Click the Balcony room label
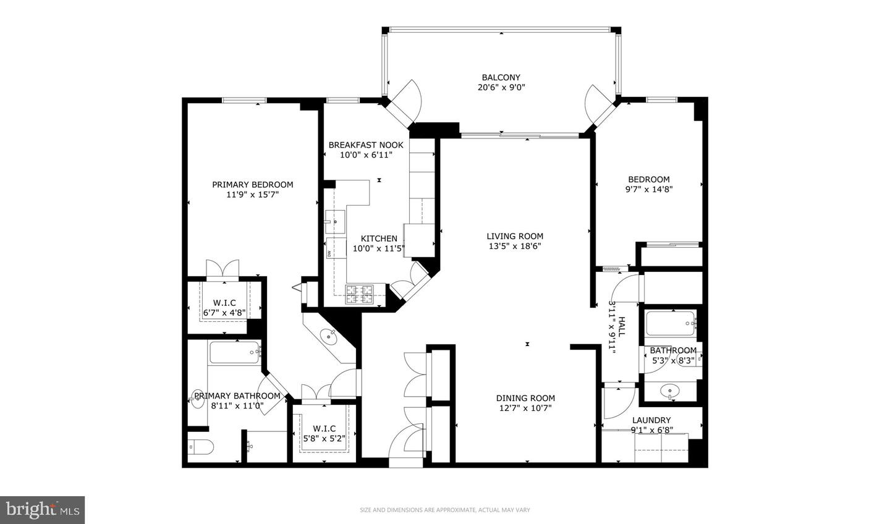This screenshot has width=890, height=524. pos(501,77)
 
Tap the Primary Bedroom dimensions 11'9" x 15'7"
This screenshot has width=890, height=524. pos(253,195)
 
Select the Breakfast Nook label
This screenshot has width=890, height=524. pos(366,145)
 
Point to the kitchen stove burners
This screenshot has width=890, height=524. pos(360,294)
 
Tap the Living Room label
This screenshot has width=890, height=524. pos(515,236)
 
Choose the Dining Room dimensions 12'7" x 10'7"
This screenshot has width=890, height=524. pos(525,408)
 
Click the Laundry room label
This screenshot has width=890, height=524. pos(651,420)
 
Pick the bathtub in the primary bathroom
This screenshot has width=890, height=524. pos(235,353)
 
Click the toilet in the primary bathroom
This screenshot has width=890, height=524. pos(200,446)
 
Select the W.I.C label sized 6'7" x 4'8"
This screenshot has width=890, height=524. pos(224,302)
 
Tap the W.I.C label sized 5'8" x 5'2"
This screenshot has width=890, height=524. pos(324,428)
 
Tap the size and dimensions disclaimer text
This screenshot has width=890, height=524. pos(445,510)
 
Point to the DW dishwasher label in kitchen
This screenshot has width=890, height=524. pos(329,253)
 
